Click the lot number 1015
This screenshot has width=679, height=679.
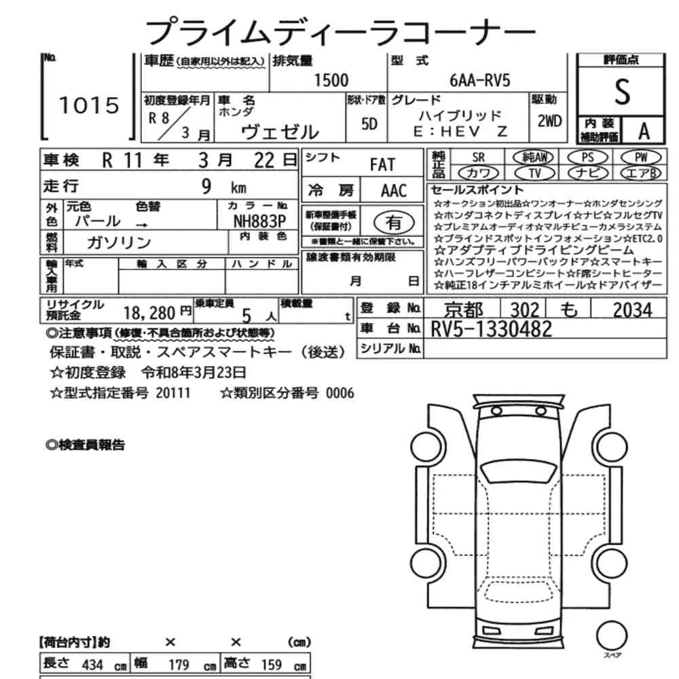[89, 105]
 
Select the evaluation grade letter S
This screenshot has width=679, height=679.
[622, 92]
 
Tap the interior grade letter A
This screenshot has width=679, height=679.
[644, 131]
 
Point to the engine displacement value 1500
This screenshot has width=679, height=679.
[331, 81]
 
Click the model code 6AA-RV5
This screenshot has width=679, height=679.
[480, 81]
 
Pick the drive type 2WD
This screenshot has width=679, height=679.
[549, 122]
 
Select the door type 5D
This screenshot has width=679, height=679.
[369, 124]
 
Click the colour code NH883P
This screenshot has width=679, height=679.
[259, 221]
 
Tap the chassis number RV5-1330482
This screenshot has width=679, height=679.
[491, 329]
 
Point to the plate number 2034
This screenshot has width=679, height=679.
[632, 310]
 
